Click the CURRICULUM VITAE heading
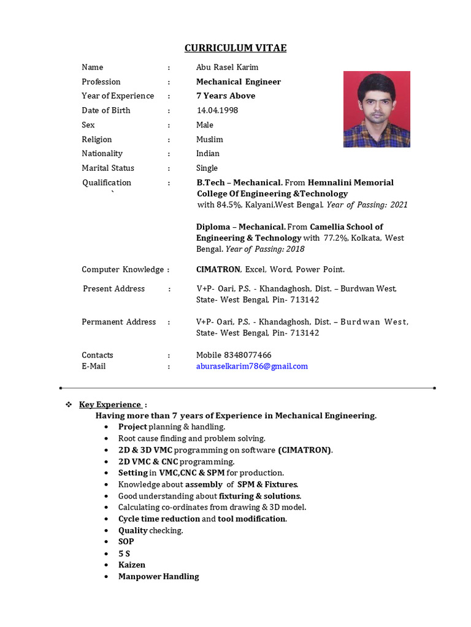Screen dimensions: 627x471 [236, 48]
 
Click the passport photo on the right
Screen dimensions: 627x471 [377, 109]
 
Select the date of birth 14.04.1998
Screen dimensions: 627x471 [217, 110]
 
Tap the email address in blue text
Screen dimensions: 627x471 [251, 366]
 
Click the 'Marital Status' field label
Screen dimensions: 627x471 [108, 168]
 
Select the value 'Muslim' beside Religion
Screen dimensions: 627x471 [210, 140]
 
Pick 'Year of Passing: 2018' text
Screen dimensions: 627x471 [265, 249]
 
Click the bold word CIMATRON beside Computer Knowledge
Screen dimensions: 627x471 [218, 269]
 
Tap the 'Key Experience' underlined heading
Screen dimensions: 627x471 [110, 404]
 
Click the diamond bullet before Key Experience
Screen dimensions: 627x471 [69, 405]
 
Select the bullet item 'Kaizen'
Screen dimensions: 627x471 [132, 565]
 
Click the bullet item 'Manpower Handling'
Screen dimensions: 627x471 [159, 577]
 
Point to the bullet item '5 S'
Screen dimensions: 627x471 [124, 554]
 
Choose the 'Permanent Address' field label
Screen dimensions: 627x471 [119, 322]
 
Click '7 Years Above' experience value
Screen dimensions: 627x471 [226, 96]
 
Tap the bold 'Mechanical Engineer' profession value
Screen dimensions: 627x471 [239, 82]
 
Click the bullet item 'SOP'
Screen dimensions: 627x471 [126, 542]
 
